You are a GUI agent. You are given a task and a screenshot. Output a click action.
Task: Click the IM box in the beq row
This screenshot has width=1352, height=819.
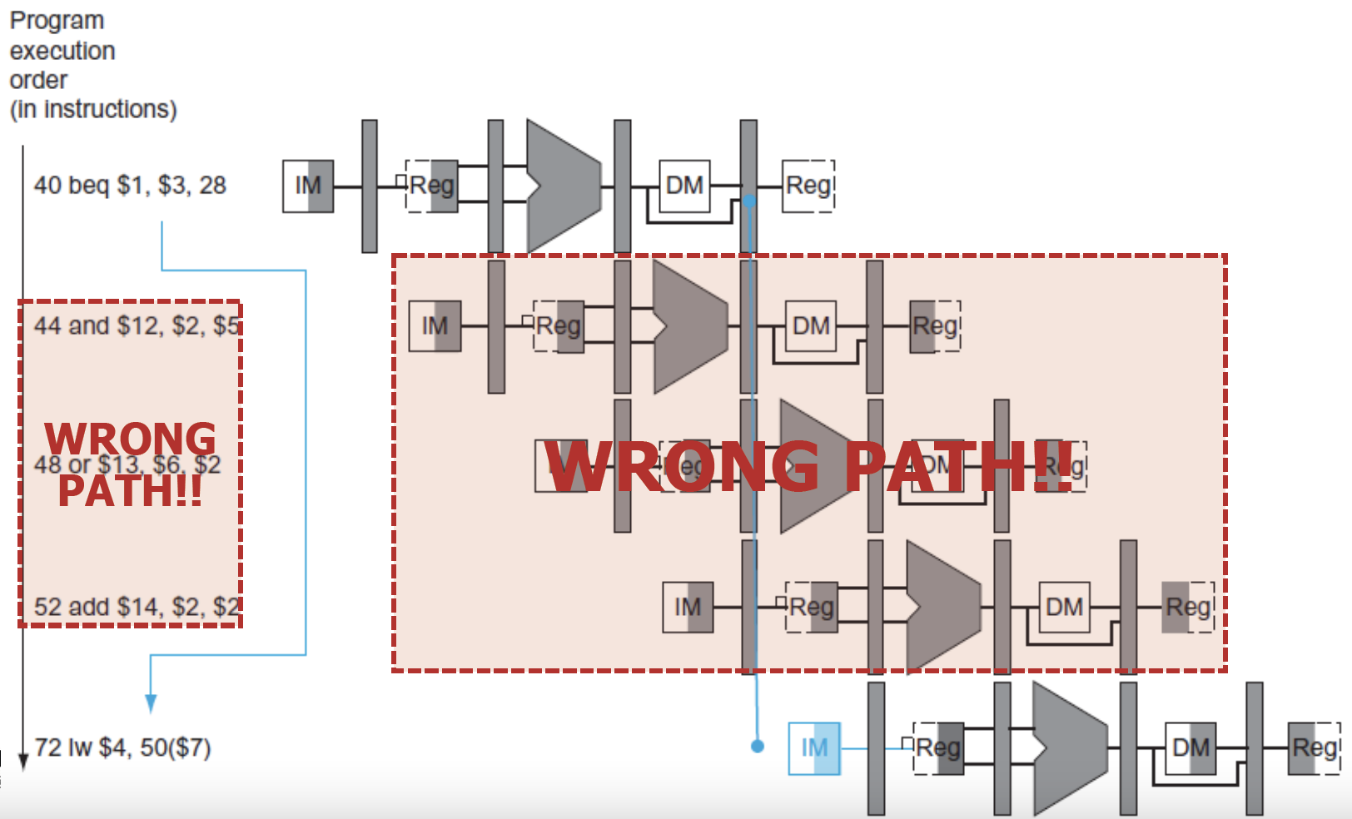click(308, 186)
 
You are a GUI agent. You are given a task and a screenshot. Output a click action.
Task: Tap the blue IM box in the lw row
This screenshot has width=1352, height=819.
click(813, 748)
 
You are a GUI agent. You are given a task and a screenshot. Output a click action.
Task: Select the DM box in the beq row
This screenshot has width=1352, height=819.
click(684, 186)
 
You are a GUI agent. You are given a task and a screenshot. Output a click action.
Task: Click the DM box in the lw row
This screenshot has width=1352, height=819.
click(1190, 748)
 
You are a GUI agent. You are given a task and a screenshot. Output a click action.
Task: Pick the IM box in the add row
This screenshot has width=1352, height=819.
click(688, 608)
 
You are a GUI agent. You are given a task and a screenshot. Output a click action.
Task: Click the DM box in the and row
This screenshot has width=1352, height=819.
click(811, 326)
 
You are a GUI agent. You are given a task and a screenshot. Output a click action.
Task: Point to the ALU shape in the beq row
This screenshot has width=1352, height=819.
click(562, 186)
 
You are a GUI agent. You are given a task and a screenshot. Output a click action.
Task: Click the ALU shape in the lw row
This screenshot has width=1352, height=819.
click(1068, 748)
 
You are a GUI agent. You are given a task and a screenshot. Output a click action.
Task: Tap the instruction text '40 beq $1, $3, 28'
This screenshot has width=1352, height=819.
click(130, 186)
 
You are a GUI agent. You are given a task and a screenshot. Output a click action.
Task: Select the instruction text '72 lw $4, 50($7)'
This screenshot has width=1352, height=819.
click(122, 748)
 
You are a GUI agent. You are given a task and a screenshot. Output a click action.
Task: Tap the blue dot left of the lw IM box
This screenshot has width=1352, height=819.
click(757, 747)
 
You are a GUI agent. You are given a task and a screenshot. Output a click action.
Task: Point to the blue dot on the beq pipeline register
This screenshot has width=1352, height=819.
click(749, 201)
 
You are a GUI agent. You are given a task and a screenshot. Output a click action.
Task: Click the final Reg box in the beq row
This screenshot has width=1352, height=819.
click(809, 186)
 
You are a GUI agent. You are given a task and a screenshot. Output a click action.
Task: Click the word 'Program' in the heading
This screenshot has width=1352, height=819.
click(57, 21)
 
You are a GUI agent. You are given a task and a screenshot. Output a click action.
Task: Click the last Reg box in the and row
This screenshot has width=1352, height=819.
click(936, 326)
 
